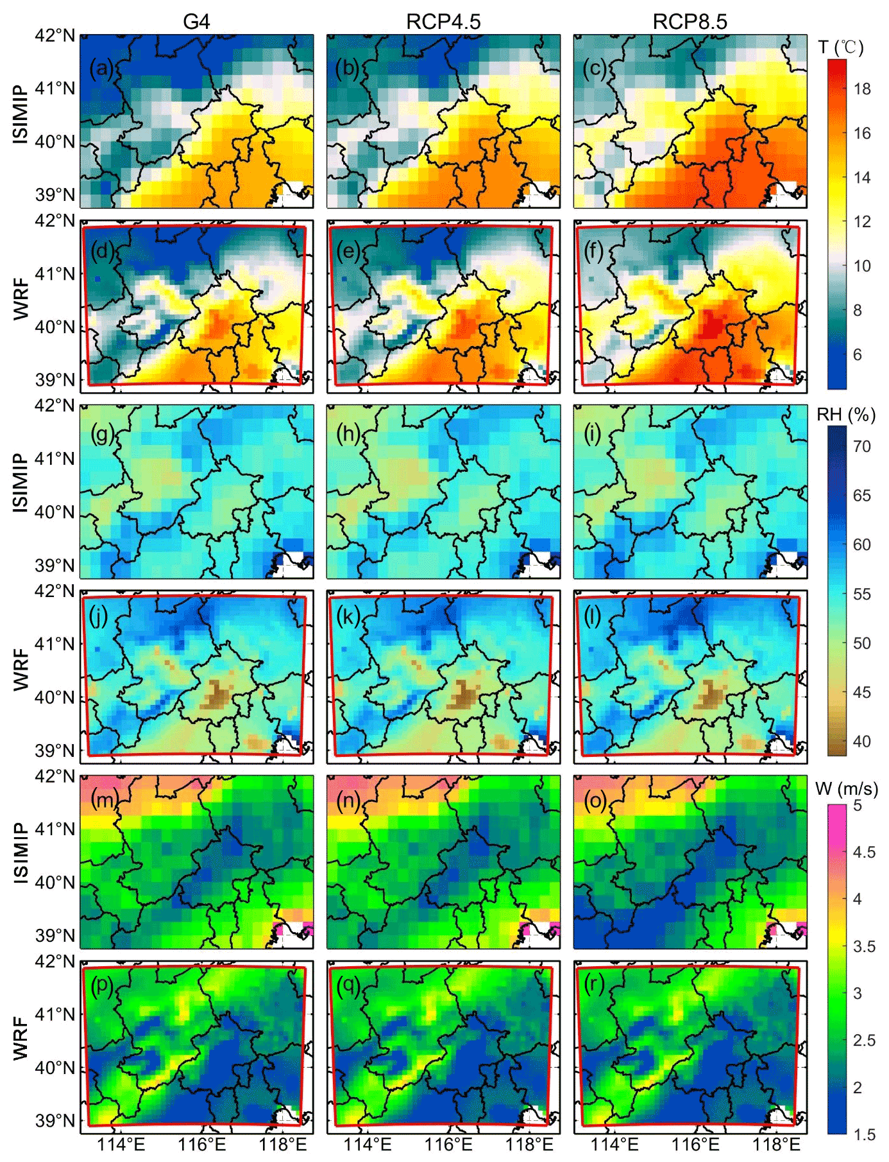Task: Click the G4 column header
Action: [x=196, y=22]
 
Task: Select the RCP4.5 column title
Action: [x=443, y=22]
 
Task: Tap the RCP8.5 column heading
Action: [x=690, y=22]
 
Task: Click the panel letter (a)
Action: [x=101, y=68]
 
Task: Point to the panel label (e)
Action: [x=348, y=251]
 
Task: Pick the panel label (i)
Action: [x=593, y=435]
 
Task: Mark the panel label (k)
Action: [x=348, y=617]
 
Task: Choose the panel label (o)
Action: [x=595, y=801]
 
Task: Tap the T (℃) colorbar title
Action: [x=841, y=48]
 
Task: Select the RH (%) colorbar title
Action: [x=845, y=415]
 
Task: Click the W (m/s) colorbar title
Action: [x=847, y=788]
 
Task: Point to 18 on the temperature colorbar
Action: [x=862, y=89]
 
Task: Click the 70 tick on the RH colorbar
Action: [x=861, y=446]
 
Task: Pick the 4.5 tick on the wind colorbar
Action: [x=864, y=853]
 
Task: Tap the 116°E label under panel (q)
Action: [x=448, y=1145]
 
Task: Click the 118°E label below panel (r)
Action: [x=776, y=1145]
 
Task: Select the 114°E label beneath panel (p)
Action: [x=121, y=1145]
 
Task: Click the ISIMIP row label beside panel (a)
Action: [x=21, y=114]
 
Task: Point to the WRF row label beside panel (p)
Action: [x=21, y=1039]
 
